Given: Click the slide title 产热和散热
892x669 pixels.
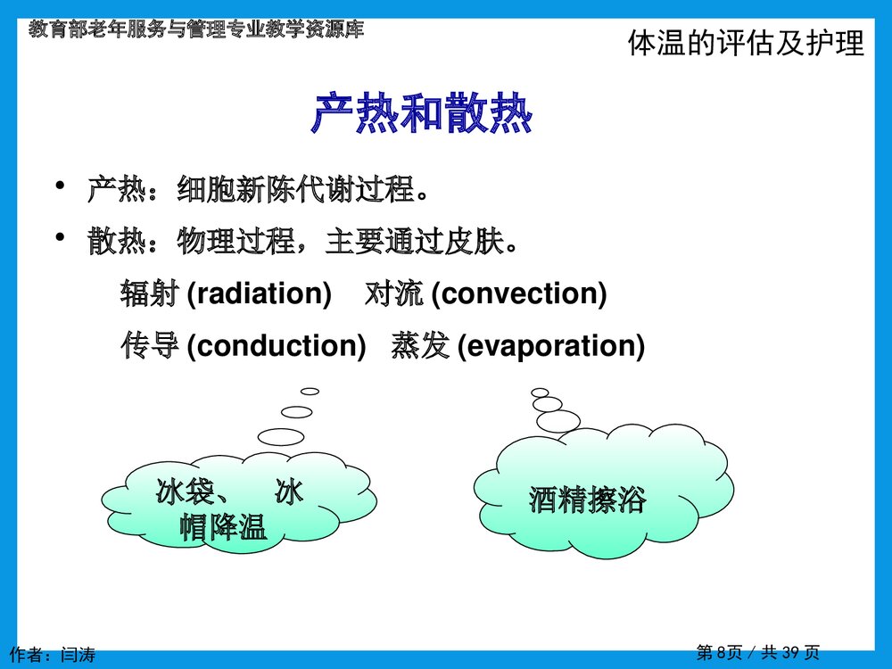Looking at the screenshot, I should pos(421,114).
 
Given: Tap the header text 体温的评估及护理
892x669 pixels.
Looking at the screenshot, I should pos(746,44).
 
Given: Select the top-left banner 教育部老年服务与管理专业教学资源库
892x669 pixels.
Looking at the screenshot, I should pos(195,29).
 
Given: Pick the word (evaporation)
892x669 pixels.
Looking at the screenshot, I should pos(550,346).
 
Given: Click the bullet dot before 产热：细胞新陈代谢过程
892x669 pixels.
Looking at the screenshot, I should pos(60,186).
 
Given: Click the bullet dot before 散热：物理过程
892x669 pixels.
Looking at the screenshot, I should pos(60,238).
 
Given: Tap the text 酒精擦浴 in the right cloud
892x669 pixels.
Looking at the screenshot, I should pos(586,500).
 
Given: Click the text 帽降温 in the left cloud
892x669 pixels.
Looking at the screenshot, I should pos(223,527).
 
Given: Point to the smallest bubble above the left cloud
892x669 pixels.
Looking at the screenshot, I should pos(310,391).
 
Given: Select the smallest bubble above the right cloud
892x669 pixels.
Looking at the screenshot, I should pos(540,392).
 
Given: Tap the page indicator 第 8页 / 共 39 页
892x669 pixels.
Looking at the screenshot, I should pos(757,653).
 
